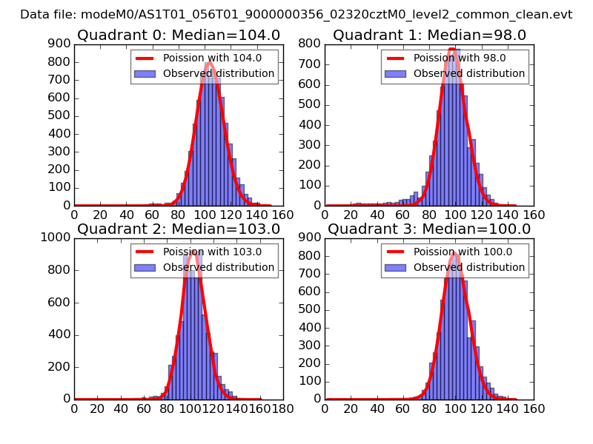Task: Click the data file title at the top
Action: tap(296, 14)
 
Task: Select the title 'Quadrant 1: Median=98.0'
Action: tap(429, 35)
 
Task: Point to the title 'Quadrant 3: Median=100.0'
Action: tap(429, 229)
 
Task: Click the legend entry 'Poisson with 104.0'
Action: tap(208, 58)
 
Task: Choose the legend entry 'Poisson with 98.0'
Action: tap(456, 58)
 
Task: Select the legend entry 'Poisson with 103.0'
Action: tap(208, 252)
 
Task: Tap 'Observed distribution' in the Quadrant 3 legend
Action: tap(469, 267)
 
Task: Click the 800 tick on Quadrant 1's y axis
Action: tap(311, 43)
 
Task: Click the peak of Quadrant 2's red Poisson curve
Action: tap(193, 251)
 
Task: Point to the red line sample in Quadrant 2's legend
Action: tap(146, 252)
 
